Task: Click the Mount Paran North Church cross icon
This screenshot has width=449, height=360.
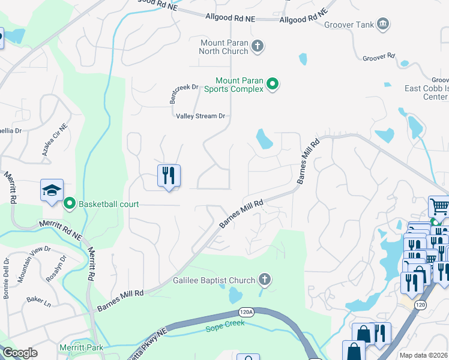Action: (258, 46)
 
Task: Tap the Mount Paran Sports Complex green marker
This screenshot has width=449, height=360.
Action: (273, 84)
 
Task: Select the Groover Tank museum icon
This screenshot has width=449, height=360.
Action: (383, 25)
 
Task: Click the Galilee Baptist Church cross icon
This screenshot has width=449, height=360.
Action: (264, 280)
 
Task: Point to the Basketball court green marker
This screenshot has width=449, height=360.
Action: (70, 204)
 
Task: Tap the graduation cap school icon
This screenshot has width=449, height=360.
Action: (52, 191)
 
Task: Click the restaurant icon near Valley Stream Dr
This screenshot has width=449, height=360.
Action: (169, 176)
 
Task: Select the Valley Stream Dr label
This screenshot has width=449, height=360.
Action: (200, 116)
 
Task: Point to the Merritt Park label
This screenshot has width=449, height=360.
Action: (80, 347)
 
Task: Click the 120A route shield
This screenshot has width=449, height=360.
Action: (244, 313)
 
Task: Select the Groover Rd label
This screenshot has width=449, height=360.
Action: (379, 57)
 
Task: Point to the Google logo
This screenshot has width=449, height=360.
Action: (20, 353)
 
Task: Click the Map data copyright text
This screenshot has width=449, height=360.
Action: (423, 355)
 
